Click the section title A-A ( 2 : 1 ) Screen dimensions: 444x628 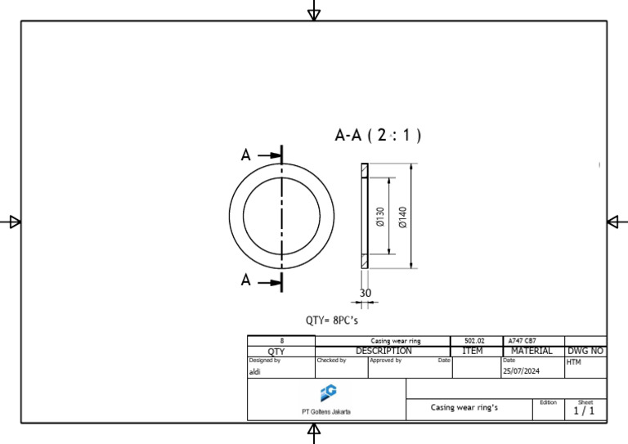378,136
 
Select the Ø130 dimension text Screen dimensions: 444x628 380,217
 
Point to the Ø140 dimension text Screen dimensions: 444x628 402,217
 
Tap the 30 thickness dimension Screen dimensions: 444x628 365,293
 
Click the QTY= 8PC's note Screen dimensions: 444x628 332,321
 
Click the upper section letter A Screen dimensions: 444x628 245,155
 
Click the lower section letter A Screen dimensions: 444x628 245,280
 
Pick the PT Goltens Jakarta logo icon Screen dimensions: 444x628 327,392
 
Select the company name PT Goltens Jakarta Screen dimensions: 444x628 326,411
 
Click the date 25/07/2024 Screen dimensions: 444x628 520,370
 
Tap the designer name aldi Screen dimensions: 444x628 254,370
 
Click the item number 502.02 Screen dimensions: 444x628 474,341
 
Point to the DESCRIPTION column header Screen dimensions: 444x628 383,351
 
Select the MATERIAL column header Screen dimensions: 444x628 532,351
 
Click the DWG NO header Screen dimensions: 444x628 585,351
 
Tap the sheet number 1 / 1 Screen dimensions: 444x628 585,411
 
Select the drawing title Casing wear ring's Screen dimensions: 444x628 464,407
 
